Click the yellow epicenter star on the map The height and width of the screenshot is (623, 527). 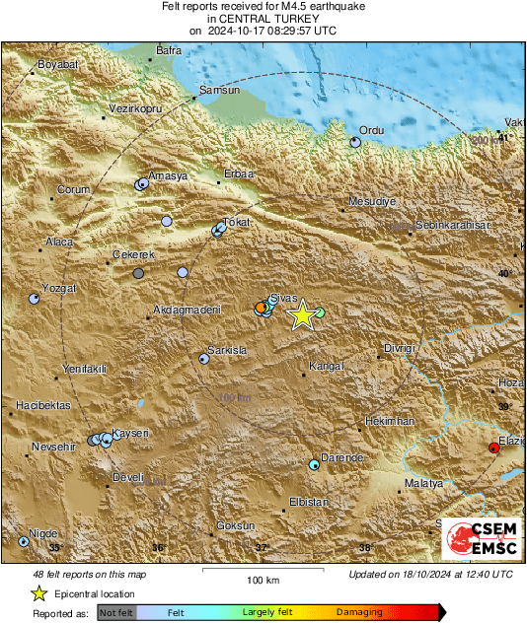303,314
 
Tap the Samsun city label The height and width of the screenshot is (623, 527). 219,91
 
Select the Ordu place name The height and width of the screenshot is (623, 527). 370,130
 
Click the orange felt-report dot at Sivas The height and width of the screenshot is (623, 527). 261,308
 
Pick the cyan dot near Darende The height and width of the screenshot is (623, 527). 315,463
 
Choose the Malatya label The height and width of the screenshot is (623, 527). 425,483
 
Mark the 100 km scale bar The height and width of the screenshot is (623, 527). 259,570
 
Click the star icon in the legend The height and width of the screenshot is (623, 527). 38,593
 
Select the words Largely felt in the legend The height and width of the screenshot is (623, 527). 264,612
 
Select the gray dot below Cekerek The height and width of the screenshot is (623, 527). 138,273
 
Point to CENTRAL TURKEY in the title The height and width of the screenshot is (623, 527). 263,19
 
